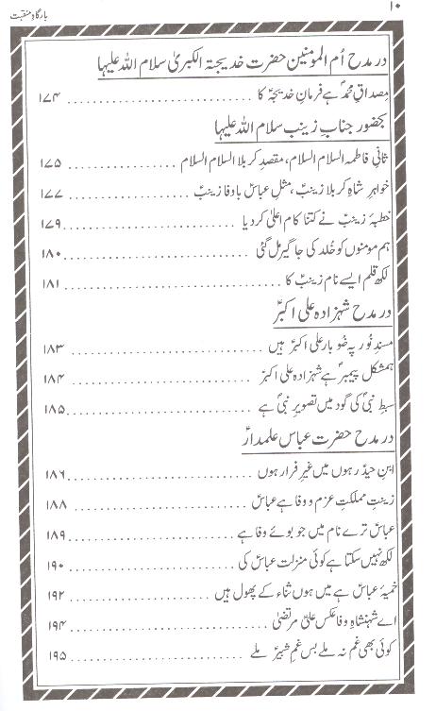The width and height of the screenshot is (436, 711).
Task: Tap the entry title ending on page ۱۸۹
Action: pyautogui.click(x=310, y=533)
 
